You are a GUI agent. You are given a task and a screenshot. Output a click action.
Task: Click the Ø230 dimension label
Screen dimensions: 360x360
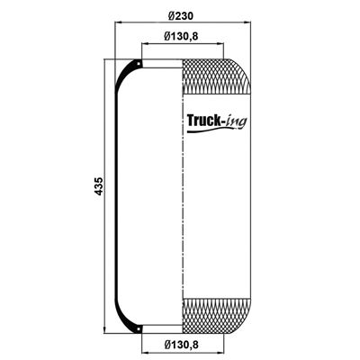point(181,16)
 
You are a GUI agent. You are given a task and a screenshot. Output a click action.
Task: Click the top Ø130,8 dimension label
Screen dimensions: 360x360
point(181,37)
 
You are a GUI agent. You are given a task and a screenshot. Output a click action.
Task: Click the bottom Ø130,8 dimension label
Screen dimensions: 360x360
point(181,345)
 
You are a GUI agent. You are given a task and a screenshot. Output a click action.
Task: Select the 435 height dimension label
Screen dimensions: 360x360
point(98,186)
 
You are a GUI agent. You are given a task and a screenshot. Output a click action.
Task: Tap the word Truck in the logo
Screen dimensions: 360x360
point(202,121)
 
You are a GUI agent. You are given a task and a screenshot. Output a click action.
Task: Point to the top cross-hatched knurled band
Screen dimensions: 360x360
point(216,76)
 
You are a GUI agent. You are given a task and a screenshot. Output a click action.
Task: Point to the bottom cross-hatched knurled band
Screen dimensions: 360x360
point(216,316)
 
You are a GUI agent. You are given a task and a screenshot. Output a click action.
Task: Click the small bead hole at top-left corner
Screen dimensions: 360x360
point(139,64)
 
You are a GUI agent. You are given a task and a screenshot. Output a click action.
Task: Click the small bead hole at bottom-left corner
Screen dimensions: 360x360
point(139,329)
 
